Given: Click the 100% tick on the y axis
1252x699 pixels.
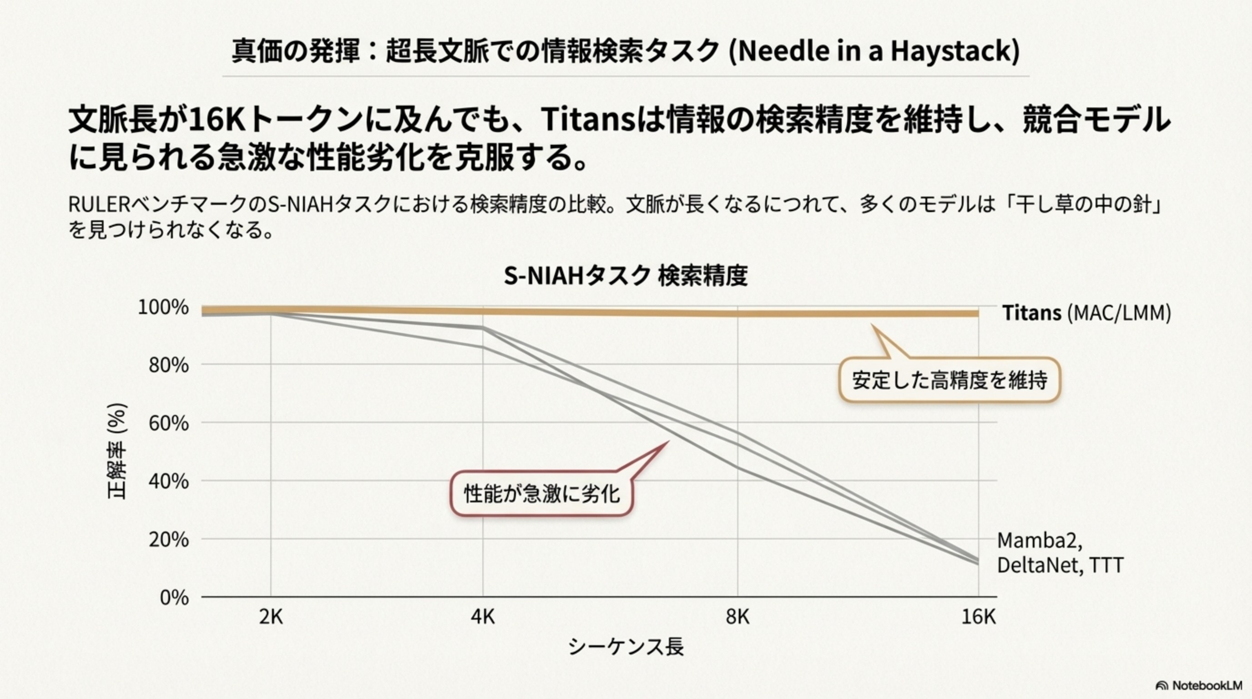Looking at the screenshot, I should (163, 308).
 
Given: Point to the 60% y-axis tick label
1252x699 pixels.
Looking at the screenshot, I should (168, 423).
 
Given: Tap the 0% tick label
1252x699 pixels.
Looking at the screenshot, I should (174, 598).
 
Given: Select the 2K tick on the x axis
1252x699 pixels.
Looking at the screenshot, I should (271, 617).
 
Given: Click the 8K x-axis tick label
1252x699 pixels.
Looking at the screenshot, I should (737, 617).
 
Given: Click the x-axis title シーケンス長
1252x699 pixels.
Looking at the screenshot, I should (626, 647).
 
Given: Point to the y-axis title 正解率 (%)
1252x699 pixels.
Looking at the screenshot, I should (117, 451).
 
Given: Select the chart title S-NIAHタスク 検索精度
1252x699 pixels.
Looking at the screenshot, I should (626, 276).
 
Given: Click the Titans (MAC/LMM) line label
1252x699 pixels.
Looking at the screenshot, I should (1086, 313).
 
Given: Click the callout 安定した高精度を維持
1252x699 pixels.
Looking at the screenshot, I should (949, 380).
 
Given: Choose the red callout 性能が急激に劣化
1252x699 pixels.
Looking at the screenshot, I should (541, 494).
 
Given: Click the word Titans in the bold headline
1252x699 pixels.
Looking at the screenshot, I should (588, 120).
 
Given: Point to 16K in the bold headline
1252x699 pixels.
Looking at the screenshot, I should (217, 120).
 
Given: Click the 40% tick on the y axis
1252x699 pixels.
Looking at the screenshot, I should (168, 481).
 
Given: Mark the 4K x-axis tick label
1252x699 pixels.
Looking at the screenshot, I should (483, 617).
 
